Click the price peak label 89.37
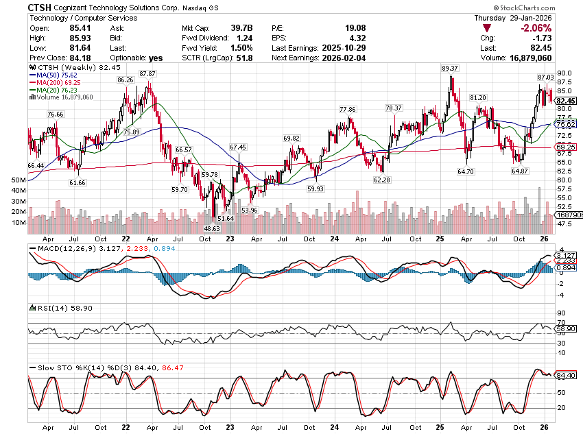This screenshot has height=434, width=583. pyautogui.click(x=450, y=69)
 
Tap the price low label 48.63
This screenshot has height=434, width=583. pyautogui.click(x=212, y=228)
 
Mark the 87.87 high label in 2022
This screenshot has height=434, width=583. pyautogui.click(x=147, y=73)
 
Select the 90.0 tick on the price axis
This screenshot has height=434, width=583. pyautogui.click(x=564, y=73)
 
